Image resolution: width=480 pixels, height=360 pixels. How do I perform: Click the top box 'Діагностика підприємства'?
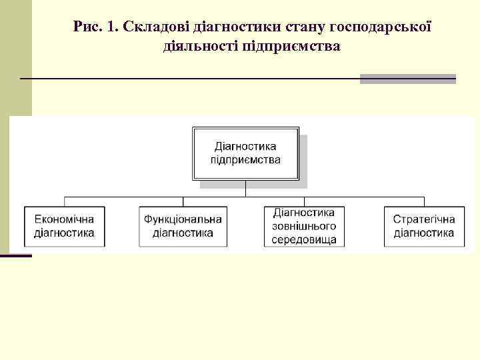(245, 153)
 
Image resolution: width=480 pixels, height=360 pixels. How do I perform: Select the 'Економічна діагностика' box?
(64, 226)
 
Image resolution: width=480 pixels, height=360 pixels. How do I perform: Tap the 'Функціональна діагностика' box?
(183, 226)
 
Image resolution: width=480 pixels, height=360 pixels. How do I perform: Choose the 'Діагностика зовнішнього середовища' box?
(304, 226)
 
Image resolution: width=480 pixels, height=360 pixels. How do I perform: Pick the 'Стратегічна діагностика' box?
(424, 226)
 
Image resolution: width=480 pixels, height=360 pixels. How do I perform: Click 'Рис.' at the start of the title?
(87, 27)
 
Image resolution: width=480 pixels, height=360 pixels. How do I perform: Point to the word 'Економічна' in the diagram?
(64, 219)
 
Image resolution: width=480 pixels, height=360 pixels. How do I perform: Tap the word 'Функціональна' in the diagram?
(183, 219)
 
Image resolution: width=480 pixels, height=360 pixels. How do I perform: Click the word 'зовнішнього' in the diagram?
(304, 226)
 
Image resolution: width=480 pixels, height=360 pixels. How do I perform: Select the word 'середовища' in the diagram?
(304, 239)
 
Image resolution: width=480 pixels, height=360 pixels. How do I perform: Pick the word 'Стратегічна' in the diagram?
(424, 219)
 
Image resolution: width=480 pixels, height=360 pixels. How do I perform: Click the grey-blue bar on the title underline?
(407, 79)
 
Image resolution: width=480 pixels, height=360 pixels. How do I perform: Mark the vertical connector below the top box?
(245, 189)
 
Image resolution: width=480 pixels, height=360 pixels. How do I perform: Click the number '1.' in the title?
(111, 27)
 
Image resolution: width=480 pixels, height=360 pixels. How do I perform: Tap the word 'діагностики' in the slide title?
(237, 27)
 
